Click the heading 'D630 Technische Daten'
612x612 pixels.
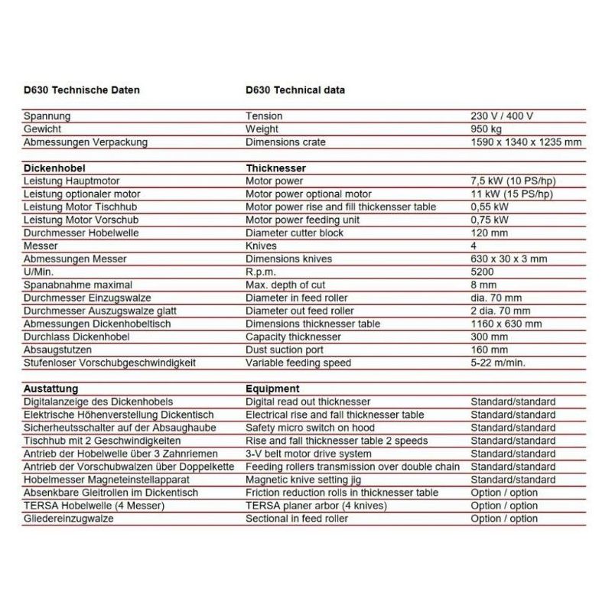[x=82, y=90]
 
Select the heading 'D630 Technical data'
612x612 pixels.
[x=295, y=90]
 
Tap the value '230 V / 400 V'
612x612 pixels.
[x=502, y=116]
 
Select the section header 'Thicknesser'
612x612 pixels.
[x=276, y=168]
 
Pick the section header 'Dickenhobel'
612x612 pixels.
[x=54, y=168]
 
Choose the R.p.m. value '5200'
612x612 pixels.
[x=483, y=272]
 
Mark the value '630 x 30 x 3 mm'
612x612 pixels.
[x=509, y=259]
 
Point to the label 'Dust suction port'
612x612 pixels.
[x=285, y=350]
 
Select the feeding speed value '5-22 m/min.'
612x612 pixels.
[x=499, y=363]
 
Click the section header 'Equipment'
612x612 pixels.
[x=272, y=389]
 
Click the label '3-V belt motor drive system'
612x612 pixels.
[x=308, y=454]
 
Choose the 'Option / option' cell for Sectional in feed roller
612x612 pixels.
[x=504, y=519]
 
